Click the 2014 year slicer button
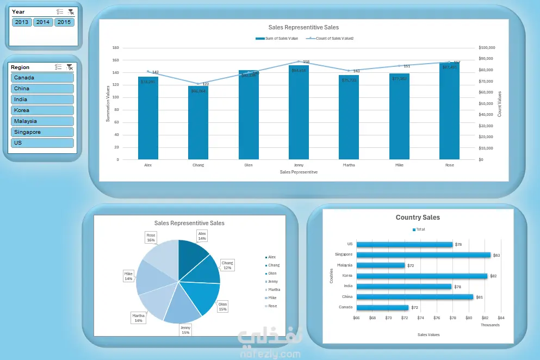[43, 22]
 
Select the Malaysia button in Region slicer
[42, 121]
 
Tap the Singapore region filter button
[42, 132]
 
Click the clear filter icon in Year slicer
[70, 12]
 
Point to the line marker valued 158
[299, 61]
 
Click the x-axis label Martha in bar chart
[349, 165]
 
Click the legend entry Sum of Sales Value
[278, 39]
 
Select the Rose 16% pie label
[151, 238]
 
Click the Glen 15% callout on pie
[222, 306]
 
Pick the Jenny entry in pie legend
[272, 282]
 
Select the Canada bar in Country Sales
[382, 308]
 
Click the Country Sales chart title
[418, 218]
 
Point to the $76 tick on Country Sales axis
[437, 318]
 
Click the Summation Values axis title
[108, 103]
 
